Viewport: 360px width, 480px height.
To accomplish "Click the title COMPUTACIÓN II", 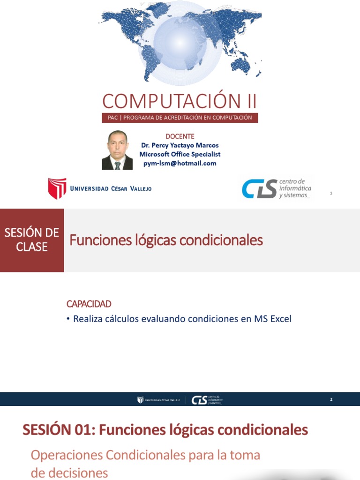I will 180,101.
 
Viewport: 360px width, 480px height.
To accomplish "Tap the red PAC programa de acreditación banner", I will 180,118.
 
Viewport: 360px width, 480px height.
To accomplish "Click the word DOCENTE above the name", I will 180,136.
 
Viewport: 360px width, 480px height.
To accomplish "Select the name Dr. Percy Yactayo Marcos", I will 180,145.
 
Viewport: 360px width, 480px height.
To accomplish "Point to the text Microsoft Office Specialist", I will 180,154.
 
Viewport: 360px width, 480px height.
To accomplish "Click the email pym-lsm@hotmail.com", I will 180,163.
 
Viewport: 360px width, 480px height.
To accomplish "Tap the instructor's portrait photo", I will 117,150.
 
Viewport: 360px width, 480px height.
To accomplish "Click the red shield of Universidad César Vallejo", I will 57,188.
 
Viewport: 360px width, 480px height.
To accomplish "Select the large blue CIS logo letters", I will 259,188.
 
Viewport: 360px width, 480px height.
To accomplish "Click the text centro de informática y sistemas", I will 295,188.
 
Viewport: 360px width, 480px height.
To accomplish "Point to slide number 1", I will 331,193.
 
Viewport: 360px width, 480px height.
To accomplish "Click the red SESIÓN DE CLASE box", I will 32,240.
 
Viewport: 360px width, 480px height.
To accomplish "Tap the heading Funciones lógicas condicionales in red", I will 166,240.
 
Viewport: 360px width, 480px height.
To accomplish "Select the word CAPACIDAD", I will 89,304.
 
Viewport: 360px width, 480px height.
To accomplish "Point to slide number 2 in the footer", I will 331,399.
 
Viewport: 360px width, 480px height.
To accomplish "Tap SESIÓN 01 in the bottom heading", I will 52,429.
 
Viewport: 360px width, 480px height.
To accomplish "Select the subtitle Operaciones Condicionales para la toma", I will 145,455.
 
